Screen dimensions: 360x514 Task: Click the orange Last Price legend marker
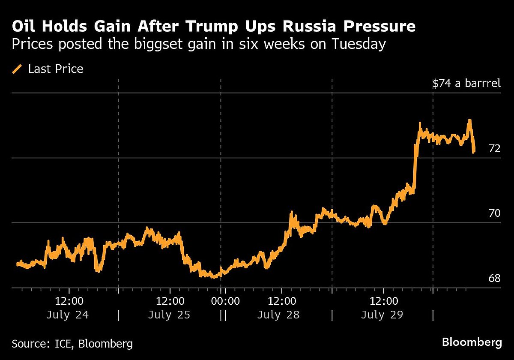18,69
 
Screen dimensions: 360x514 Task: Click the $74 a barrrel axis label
466,83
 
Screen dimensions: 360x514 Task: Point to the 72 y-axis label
494,149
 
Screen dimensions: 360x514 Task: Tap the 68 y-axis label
494,279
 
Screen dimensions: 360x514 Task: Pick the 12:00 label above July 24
69,301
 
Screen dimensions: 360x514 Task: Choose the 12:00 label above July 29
383,301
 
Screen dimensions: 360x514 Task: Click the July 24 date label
67,315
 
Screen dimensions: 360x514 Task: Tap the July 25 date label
169,315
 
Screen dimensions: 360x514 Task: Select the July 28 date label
278,315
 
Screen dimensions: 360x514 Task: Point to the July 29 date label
382,315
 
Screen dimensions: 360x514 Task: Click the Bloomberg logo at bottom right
472,342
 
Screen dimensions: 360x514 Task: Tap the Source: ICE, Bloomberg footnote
72,343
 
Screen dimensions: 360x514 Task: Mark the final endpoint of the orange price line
474,152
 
